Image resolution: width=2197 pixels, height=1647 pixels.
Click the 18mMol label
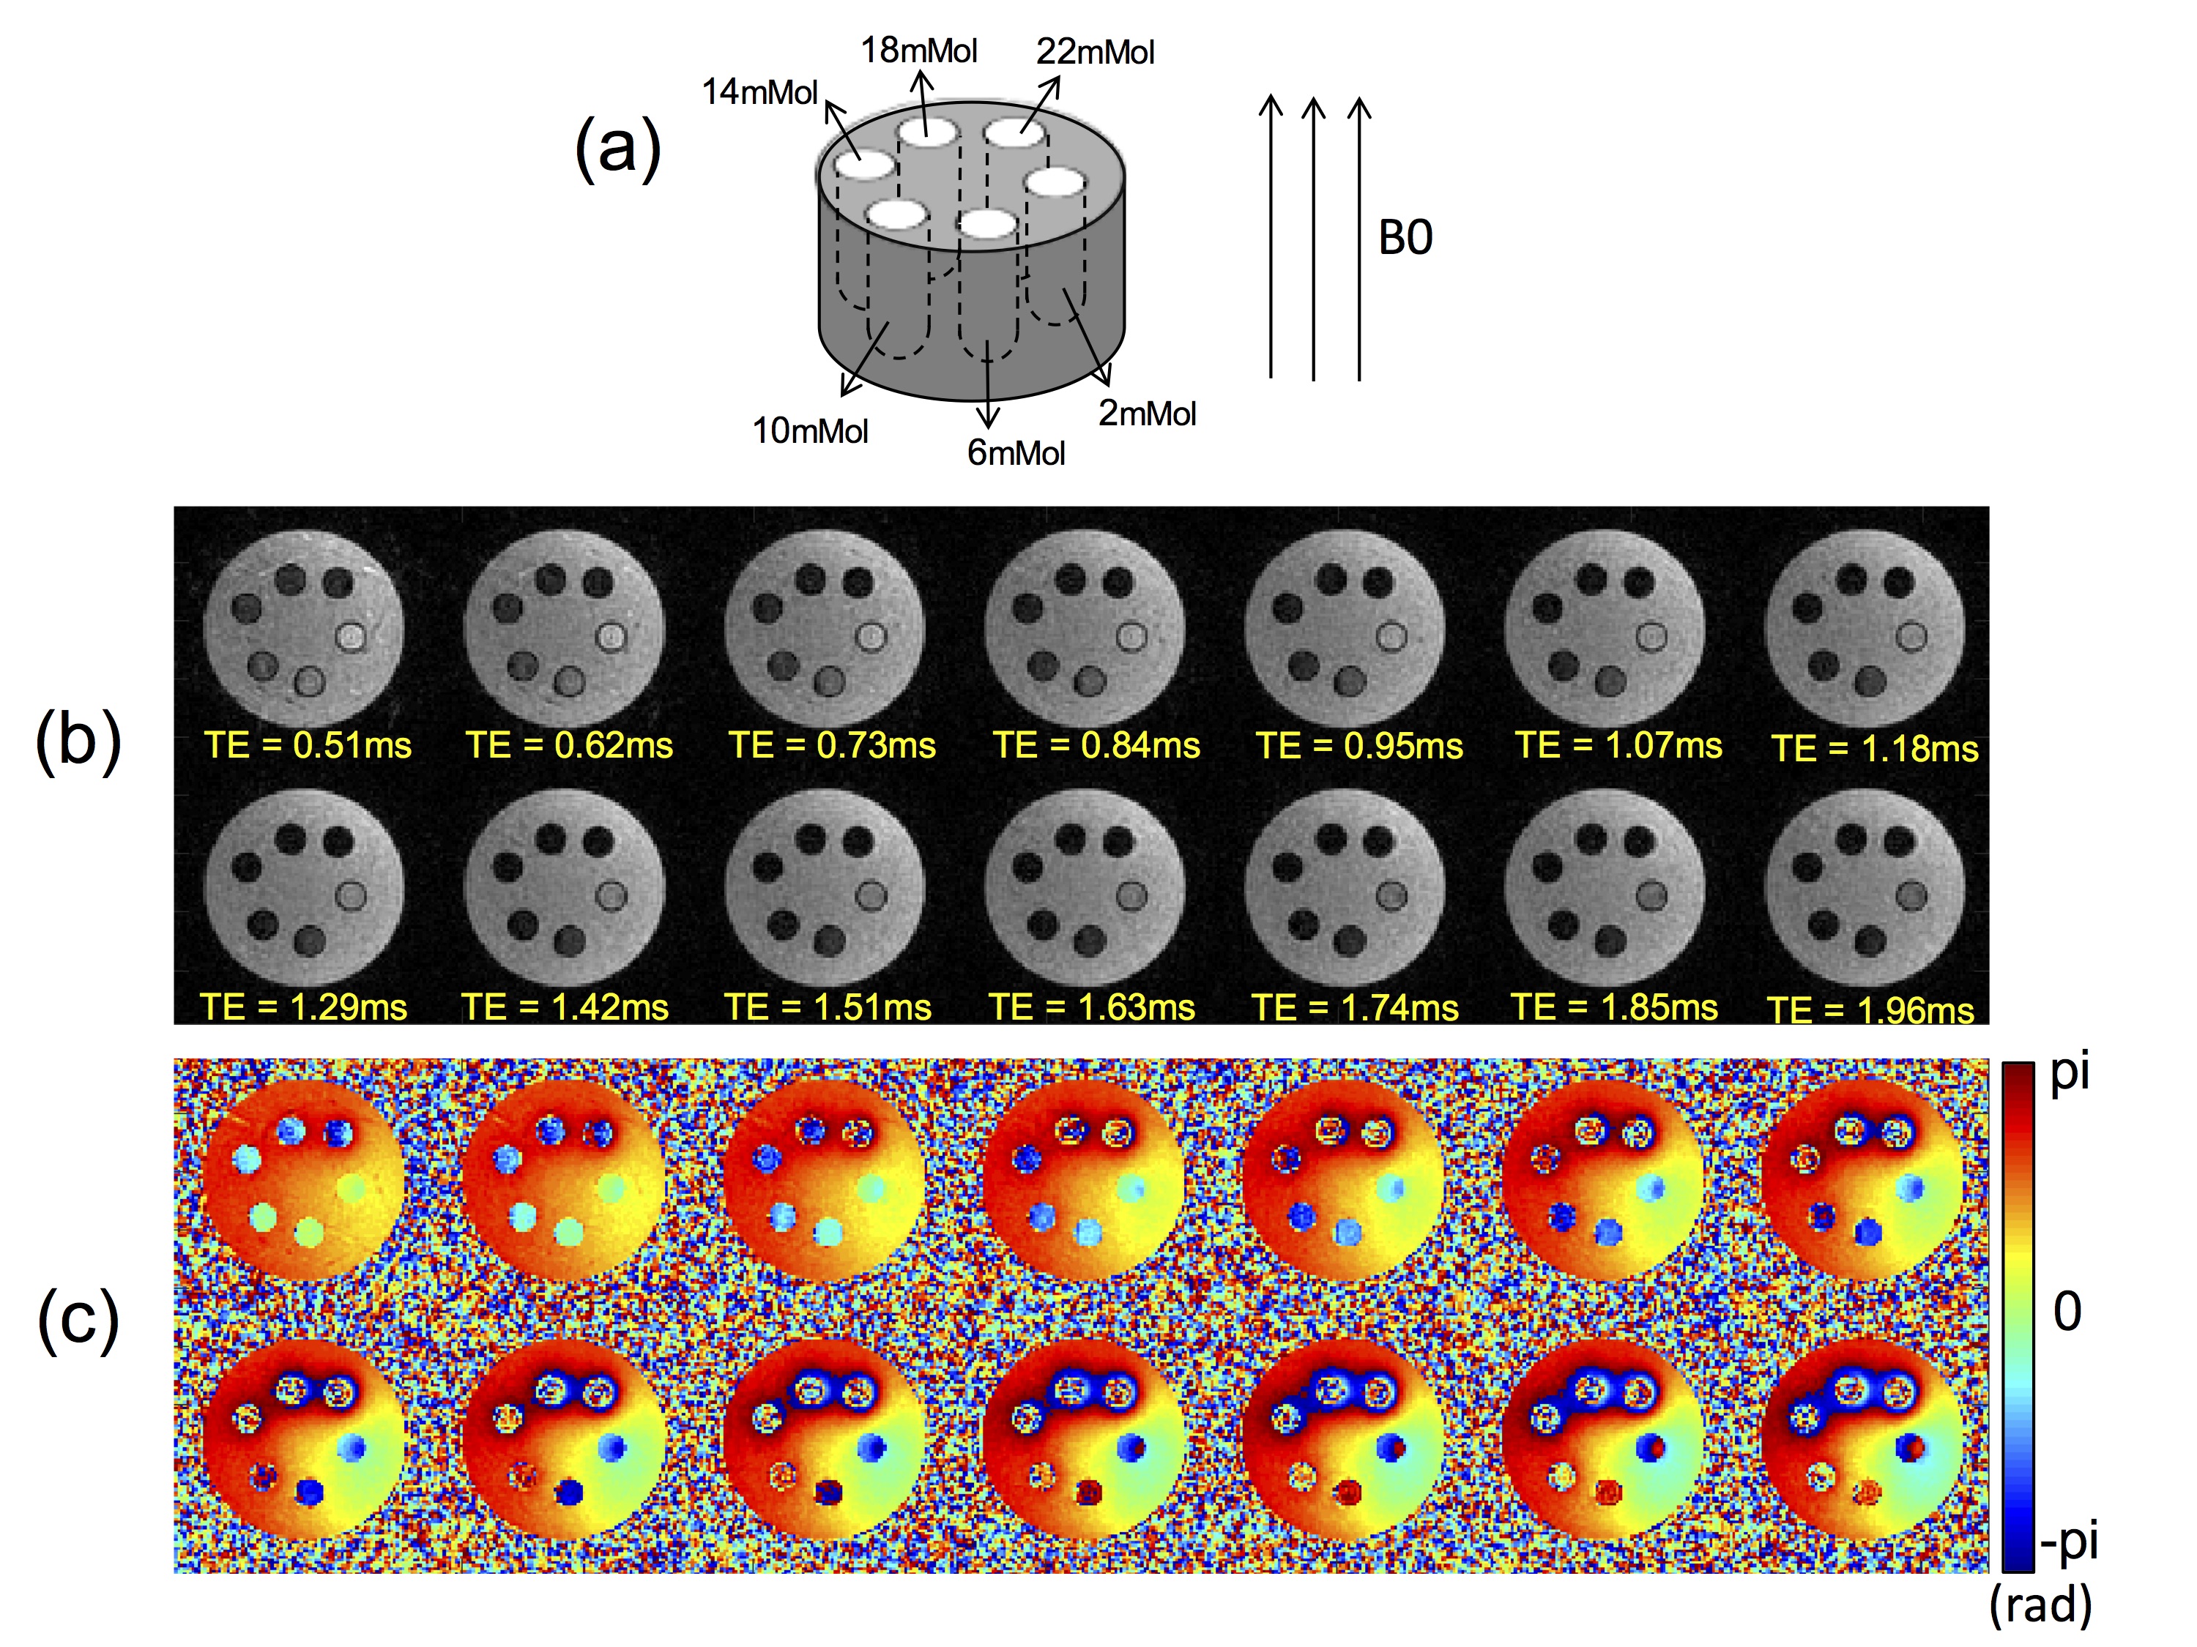919,51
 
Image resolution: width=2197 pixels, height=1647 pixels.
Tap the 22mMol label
1095,52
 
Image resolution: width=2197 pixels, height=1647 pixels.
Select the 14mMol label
760,92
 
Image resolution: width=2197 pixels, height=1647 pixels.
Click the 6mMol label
1015,454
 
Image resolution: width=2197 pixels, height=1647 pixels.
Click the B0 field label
1405,238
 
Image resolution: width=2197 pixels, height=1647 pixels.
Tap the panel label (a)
618,149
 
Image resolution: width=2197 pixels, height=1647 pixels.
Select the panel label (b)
78,742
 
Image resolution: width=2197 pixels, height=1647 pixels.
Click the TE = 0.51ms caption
308,746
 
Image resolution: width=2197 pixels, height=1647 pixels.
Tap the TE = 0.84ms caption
1096,746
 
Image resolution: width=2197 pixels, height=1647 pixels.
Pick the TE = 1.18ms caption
1874,749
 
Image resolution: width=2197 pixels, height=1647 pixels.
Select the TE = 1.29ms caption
304,1008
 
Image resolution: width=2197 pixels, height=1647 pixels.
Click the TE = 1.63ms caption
1092,1008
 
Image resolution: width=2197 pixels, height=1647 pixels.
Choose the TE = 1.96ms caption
1870,1011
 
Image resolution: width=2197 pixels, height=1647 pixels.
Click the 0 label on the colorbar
2067,1312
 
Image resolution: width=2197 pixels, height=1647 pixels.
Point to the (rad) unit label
2040,1605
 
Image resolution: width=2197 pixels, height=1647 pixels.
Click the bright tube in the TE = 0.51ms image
351,635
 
